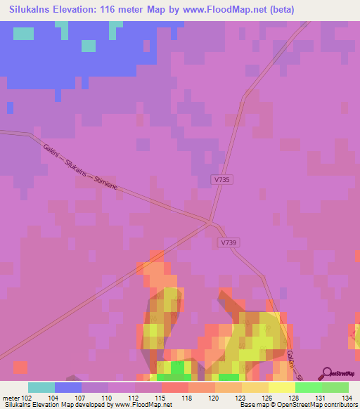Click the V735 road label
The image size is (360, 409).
(x=222, y=180)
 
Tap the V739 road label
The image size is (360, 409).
(x=226, y=242)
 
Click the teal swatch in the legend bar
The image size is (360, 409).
(x=41, y=387)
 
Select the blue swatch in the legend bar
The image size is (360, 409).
(x=68, y=387)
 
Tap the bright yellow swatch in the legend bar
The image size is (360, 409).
(x=281, y=387)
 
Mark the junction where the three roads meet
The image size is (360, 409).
(x=210, y=223)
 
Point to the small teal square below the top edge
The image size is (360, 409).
(x=88, y=46)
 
